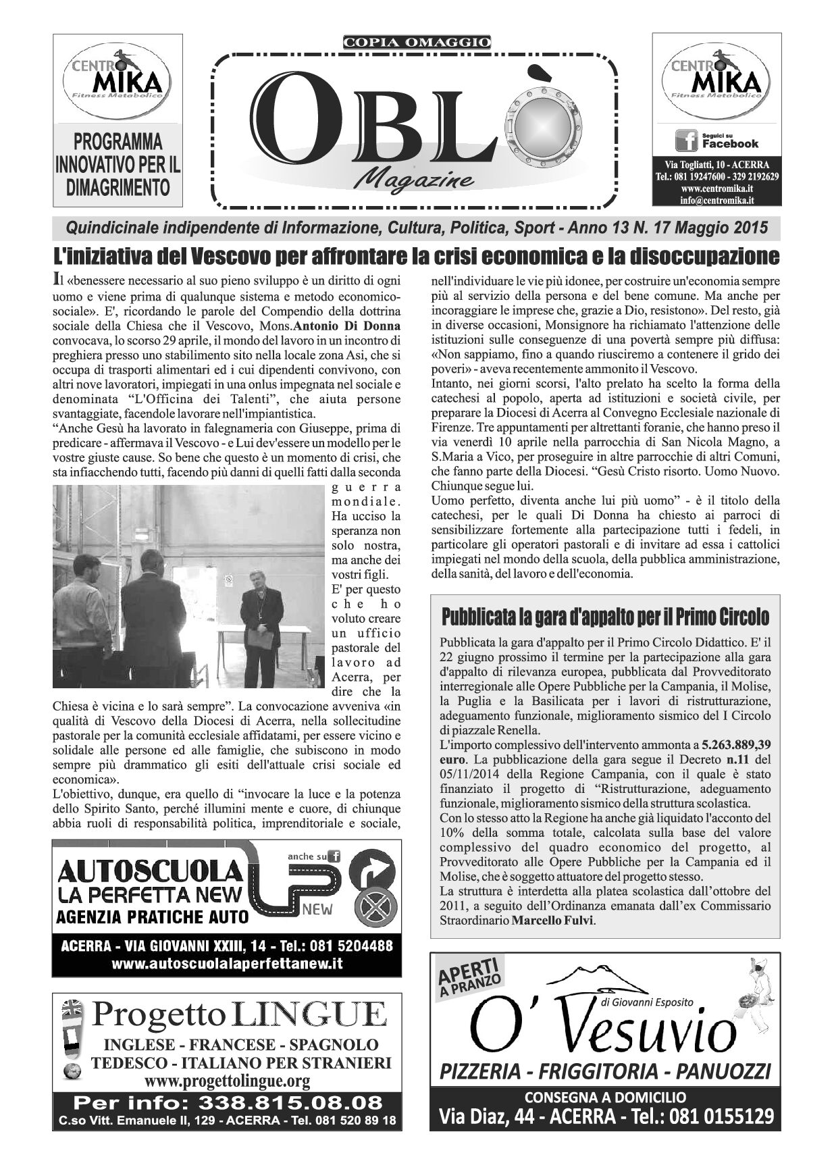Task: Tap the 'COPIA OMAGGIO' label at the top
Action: tap(417, 43)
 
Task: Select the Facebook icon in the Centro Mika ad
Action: tap(686, 140)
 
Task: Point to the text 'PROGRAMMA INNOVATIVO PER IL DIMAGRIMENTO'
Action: tap(118, 165)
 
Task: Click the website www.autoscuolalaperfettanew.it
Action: tap(226, 964)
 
